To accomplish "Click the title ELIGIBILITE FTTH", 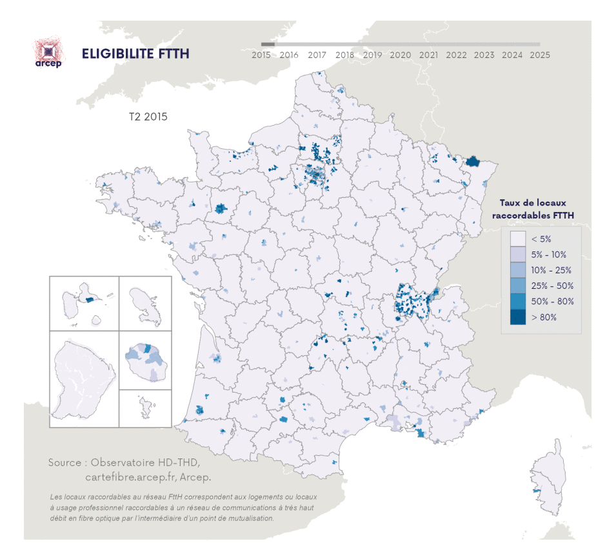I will (135, 54).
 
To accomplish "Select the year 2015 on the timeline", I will (261, 55).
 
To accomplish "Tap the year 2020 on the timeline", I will (400, 55).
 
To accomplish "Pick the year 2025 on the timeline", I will (539, 55).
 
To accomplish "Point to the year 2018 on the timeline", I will (344, 55).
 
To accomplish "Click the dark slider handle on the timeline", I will (268, 44).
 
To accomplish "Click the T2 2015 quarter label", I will (148, 117).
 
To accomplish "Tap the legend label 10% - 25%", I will (552, 270).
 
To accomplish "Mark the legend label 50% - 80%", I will (552, 302).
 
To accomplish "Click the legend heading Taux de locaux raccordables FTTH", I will (533, 208).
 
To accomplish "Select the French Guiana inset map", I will (84, 378).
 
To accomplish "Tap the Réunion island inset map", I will (146, 360).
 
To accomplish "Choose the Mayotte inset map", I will (146, 408).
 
